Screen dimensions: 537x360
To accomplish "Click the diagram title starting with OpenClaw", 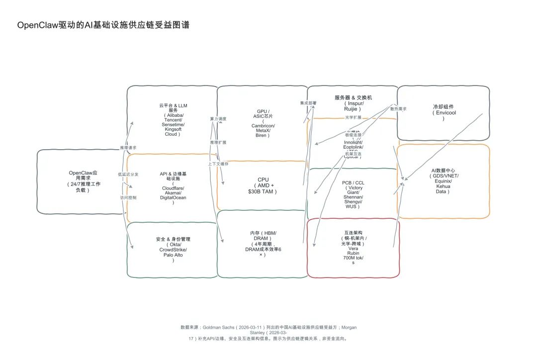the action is [103, 25].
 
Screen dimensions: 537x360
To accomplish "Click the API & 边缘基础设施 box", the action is [173, 188].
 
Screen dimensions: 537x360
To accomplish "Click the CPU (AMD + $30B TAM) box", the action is [263, 185].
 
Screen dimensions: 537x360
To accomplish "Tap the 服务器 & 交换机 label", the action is [353, 98].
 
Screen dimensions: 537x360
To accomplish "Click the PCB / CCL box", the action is [353, 194].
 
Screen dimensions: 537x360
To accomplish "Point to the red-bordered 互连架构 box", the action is [353, 247].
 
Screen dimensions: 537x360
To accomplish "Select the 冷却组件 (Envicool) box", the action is [443, 112].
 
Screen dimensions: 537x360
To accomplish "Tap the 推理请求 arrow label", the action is [128, 148].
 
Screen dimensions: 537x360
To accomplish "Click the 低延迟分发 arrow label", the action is [128, 175].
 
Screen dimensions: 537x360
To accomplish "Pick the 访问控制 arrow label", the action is [128, 197].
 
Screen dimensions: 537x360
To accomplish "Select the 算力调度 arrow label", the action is [218, 119].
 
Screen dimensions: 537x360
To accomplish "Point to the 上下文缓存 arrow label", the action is [218, 164].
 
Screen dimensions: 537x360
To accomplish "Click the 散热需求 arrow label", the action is [398, 108].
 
